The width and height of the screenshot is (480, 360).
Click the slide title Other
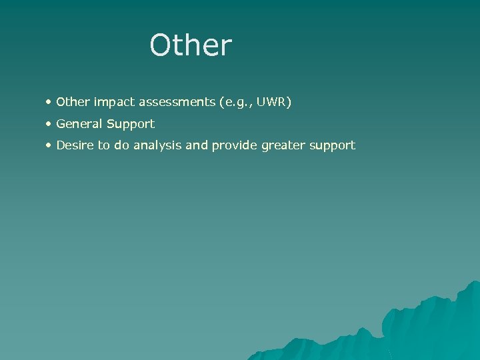(191, 45)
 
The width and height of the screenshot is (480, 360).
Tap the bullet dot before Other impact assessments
(49, 103)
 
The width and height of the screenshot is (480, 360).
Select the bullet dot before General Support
(49, 124)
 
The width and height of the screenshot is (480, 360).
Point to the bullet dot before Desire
(49, 145)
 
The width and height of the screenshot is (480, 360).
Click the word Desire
(75, 145)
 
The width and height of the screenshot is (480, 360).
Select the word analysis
(158, 145)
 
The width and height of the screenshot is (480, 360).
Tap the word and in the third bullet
(197, 145)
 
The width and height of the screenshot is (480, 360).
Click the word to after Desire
(104, 145)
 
